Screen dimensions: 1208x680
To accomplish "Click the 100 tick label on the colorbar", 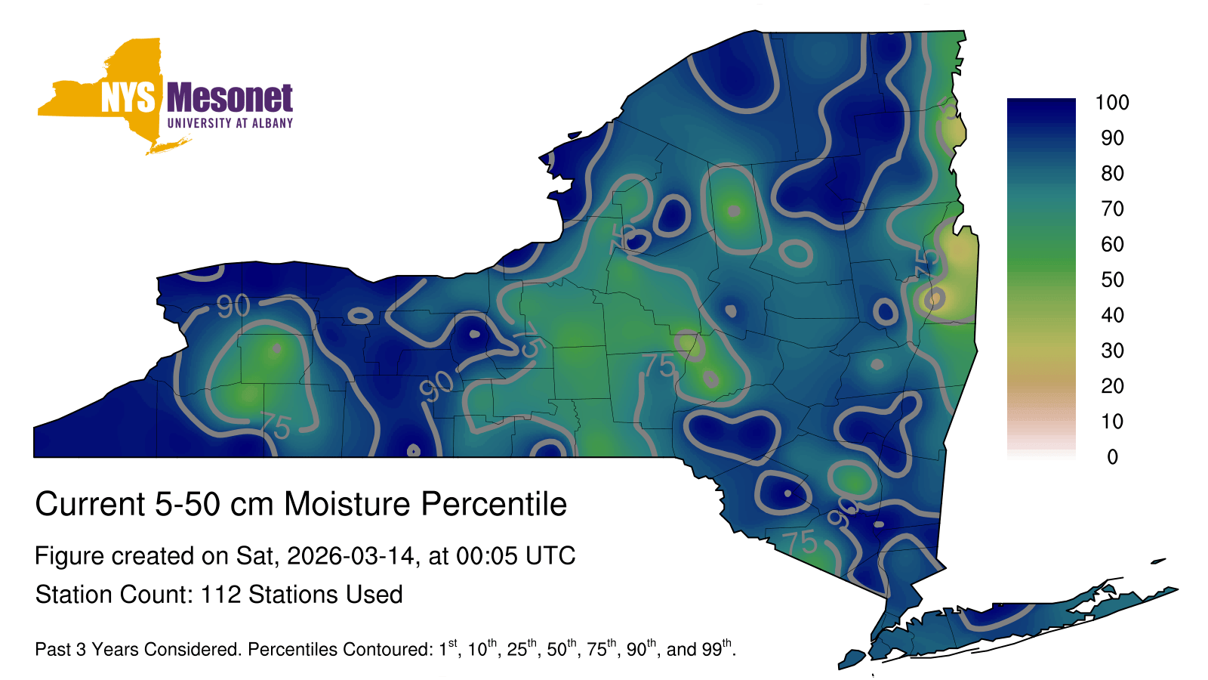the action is coord(1112,103).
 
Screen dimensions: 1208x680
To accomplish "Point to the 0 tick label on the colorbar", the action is coord(1113,457).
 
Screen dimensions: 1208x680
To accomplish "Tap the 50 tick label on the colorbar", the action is coord(1113,280).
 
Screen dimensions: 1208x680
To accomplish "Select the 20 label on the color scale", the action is coord(1113,386).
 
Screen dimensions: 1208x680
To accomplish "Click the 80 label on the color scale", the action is coord(1113,173).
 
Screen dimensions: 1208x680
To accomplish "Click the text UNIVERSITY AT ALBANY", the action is coord(230,123).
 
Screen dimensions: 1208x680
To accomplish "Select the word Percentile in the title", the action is coord(494,504).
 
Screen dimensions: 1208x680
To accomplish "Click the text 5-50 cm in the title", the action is coord(214,504).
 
